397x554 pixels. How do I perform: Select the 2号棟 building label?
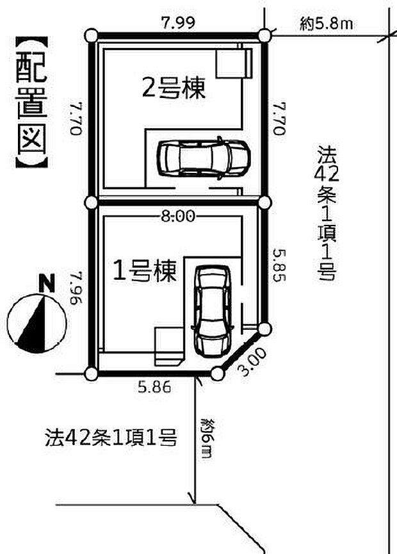[x=174, y=88]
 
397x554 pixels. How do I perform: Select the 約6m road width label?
[x=206, y=438]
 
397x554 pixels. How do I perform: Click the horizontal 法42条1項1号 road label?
[x=110, y=439]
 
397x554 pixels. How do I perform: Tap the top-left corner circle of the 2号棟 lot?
[x=92, y=35]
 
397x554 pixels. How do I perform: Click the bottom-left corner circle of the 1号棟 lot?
[x=92, y=373]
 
